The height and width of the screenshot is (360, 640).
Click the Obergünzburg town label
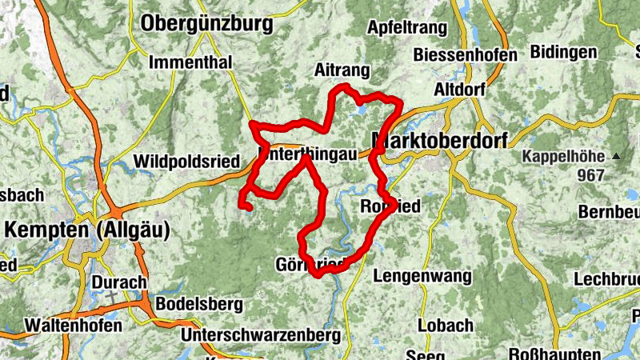tap(206, 24)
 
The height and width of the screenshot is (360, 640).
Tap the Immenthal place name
tap(190, 62)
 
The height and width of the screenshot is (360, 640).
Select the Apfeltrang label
tap(406, 27)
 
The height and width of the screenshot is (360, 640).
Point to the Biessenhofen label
tap(466, 54)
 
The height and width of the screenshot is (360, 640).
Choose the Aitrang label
tap(342, 70)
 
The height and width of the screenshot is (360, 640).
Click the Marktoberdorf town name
tap(440, 142)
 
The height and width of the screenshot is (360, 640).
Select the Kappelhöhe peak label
tap(565, 156)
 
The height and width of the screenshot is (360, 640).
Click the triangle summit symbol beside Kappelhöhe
tap(617, 156)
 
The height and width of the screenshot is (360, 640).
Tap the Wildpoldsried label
tap(187, 162)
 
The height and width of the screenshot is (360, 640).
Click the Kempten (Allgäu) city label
tap(87, 230)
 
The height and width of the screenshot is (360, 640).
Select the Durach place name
tap(119, 282)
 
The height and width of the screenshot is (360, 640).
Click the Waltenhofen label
tap(73, 326)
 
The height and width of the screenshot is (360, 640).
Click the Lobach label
tap(446, 326)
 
